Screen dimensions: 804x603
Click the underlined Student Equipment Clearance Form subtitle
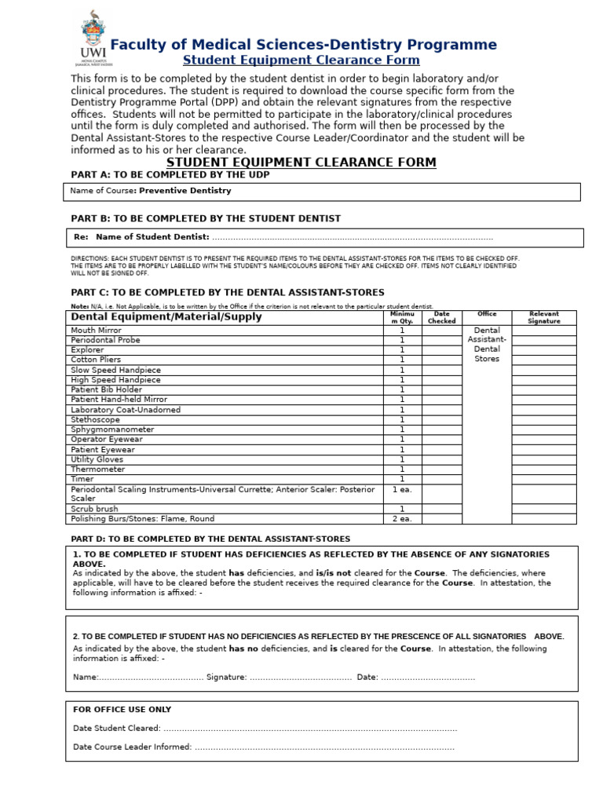pos(301,60)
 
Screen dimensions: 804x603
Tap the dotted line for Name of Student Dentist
pos(353,237)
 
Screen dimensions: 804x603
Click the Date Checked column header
pos(441,317)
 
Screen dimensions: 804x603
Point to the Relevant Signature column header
pos(543,317)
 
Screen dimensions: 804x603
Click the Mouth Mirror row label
pos(96,331)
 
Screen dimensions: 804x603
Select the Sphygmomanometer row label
pos(112,429)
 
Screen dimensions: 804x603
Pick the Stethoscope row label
pos(95,419)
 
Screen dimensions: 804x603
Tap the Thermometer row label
pos(97,469)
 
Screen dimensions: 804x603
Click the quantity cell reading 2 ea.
pos(401,518)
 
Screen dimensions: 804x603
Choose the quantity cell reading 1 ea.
pos(401,489)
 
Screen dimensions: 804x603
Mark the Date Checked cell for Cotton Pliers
pos(441,360)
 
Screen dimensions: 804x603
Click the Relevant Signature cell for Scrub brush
pos(543,509)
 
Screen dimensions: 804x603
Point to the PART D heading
pos(210,539)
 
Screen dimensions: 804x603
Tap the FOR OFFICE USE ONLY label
pos(122,709)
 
